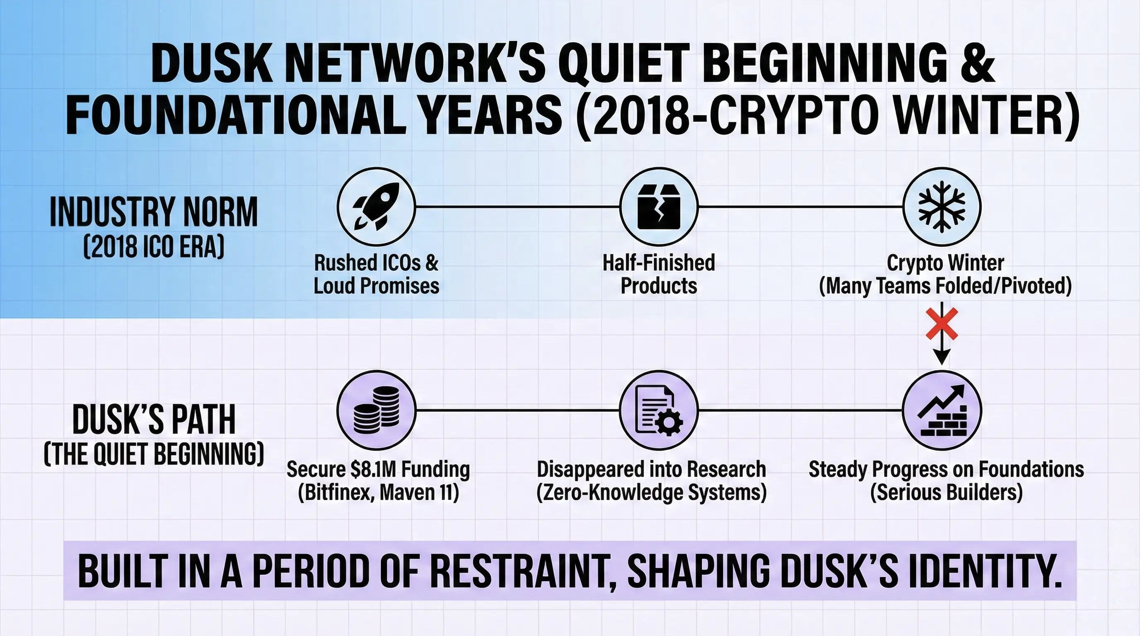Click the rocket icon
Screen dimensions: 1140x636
pos(376,207)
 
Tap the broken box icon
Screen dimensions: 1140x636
pos(659,207)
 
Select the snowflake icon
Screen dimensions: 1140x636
pos(942,207)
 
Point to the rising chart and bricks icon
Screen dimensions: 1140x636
pos(942,410)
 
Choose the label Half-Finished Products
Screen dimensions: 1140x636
pos(659,274)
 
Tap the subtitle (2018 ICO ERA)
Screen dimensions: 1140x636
pos(154,246)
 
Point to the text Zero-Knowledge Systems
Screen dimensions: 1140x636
pos(652,492)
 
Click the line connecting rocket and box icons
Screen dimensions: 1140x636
pos(517,207)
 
